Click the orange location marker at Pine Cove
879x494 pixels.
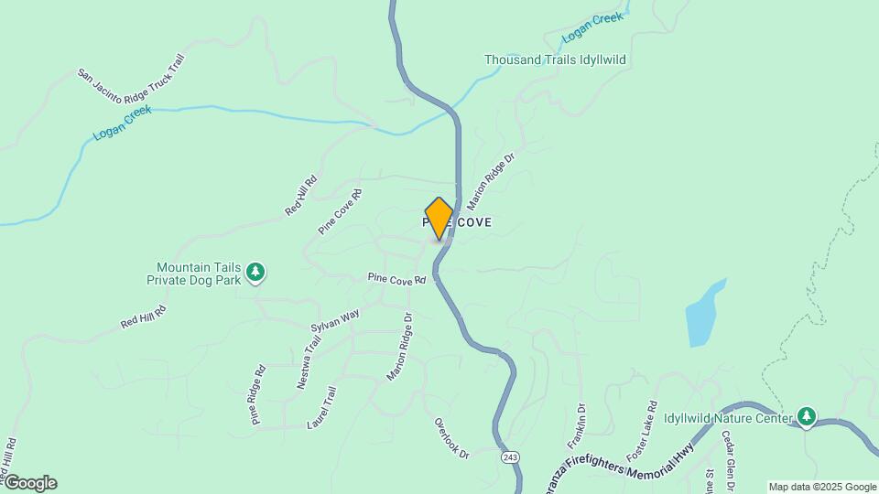point(439,218)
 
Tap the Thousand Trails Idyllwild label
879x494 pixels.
point(555,59)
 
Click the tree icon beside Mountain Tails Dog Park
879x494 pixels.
point(257,273)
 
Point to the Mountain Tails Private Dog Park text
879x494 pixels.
point(198,274)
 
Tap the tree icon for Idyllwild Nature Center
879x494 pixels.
point(806,417)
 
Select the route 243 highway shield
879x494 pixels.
point(510,456)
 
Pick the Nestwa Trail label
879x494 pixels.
point(309,363)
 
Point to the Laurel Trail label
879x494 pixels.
point(323,408)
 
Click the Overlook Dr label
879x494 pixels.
point(451,439)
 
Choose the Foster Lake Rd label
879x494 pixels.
point(640,430)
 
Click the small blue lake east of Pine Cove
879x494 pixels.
point(705,313)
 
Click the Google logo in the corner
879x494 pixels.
point(29,482)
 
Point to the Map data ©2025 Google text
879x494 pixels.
point(822,487)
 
